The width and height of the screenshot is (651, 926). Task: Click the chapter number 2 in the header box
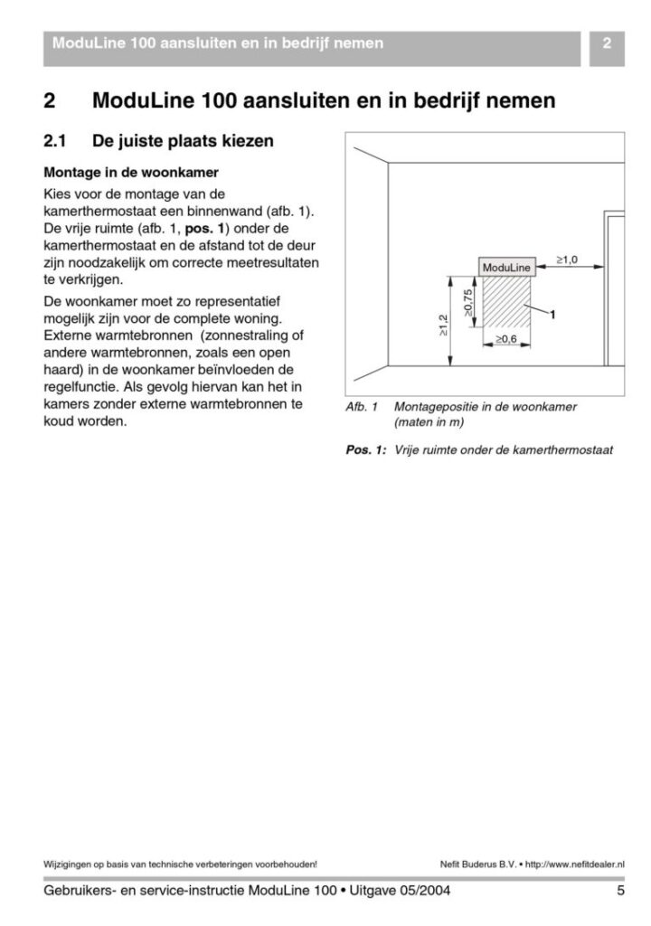(x=607, y=43)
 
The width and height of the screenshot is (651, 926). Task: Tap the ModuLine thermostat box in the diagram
(x=506, y=268)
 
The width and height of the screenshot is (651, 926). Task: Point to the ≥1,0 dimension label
(x=567, y=260)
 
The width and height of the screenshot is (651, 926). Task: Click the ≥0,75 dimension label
(x=467, y=304)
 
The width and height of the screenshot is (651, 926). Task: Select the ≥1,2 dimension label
(x=443, y=326)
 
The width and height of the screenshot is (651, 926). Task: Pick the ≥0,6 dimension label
(x=506, y=339)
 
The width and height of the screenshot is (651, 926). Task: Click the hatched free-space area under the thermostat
(x=506, y=304)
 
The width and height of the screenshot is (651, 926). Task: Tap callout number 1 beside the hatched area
(x=552, y=315)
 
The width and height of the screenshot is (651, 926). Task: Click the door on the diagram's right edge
(x=615, y=289)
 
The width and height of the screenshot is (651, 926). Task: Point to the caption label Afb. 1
(x=362, y=407)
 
